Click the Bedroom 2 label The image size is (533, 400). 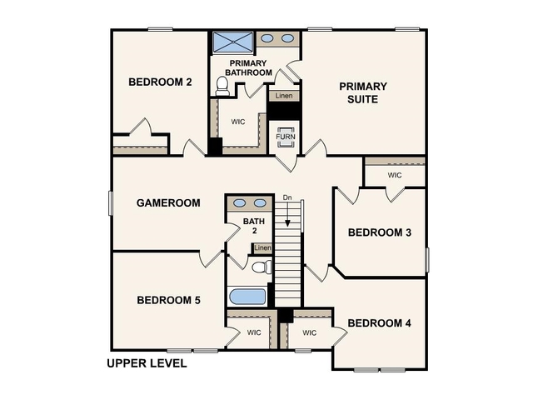pos(161,82)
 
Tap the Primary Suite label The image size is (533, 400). pos(364,92)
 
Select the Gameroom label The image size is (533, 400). pos(168,202)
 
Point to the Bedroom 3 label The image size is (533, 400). pos(379,232)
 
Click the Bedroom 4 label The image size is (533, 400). pos(379,322)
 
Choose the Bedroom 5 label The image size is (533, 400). pos(168,300)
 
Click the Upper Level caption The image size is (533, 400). pos(147,363)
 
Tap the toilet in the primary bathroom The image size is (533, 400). pos(222,85)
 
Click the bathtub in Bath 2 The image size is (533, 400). pos(247,296)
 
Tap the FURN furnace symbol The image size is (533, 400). pos(286,134)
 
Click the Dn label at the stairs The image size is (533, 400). pos(287,197)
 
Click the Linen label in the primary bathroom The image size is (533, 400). pos(284,96)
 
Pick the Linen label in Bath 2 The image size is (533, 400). pos(262,248)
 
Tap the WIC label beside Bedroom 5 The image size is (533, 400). pos(255,332)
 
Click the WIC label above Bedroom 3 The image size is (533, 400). pos(395,175)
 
